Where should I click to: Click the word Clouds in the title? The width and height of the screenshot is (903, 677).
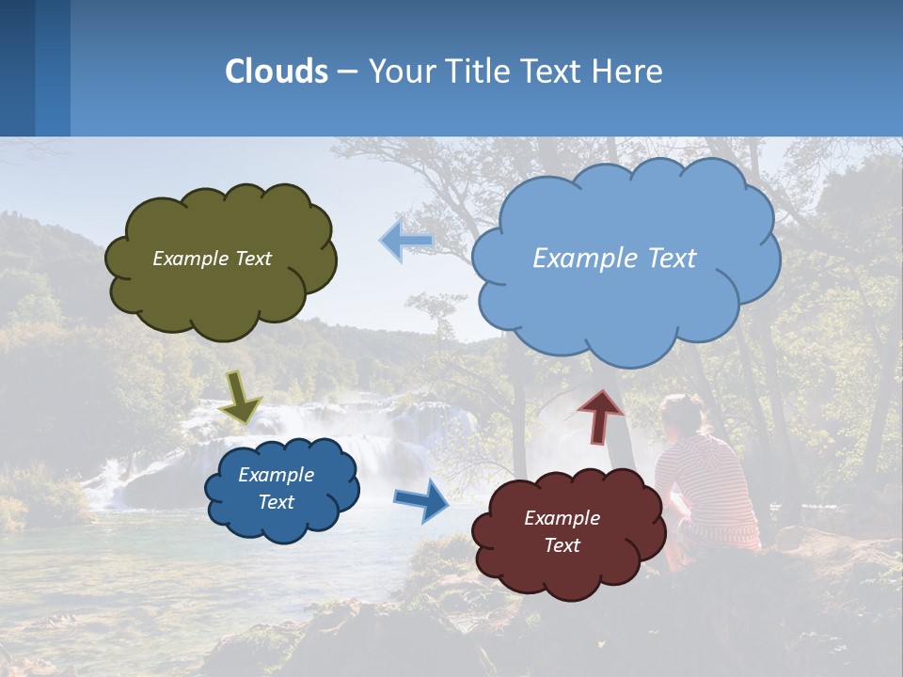pyautogui.click(x=277, y=71)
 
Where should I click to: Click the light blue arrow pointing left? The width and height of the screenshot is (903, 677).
pyautogui.click(x=406, y=242)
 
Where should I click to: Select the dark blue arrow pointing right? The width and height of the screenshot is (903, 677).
pyautogui.click(x=421, y=500)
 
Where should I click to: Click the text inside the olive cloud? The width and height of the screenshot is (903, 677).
pyautogui.click(x=212, y=259)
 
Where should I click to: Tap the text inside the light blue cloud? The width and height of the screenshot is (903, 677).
pyautogui.click(x=614, y=259)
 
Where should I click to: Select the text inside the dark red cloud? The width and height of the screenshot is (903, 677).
pyautogui.click(x=562, y=531)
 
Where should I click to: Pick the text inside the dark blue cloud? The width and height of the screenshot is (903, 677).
pyautogui.click(x=276, y=488)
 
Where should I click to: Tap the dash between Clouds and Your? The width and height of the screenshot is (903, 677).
pyautogui.click(x=347, y=71)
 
